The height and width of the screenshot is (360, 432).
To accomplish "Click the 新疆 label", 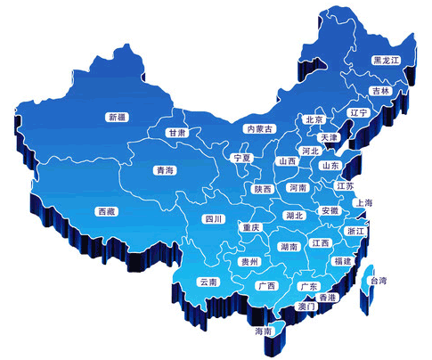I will (117, 117).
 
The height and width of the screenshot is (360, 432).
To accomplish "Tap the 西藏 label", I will (106, 211).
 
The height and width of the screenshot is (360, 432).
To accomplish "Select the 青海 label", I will (164, 169).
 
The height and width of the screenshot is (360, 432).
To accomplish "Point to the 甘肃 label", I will (176, 133).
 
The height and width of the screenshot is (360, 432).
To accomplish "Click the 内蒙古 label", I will (259, 129).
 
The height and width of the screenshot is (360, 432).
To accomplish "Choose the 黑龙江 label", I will (387, 61).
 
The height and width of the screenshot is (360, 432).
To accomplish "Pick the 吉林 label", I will (380, 91).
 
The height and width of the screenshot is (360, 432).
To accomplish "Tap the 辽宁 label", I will (358, 113).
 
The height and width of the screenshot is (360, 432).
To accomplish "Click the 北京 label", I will (314, 119).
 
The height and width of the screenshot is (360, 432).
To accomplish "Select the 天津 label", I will (330, 138).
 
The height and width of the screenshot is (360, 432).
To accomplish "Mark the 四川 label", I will (213, 218).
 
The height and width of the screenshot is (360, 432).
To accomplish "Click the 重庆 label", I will (251, 228).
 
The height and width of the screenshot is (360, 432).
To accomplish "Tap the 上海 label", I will (363, 203).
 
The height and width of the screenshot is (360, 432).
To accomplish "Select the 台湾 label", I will (379, 281).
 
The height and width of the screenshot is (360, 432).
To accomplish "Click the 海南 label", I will (263, 331).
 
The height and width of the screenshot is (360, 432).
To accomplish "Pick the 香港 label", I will (328, 296).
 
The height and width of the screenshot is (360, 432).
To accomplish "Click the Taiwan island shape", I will (365, 290).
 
